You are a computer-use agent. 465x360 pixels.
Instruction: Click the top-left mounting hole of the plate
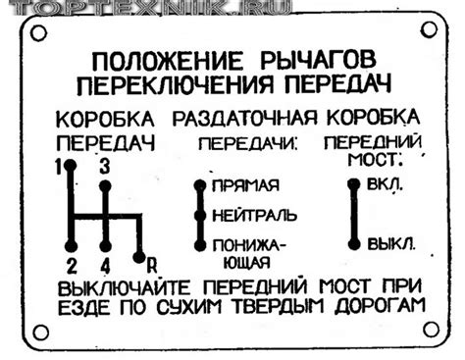[38, 33]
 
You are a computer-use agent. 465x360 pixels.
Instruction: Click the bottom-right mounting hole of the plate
[431, 330]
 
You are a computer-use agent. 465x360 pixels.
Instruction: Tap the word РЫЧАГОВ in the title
[318, 61]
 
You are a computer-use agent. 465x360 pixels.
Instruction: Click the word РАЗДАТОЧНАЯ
[244, 118]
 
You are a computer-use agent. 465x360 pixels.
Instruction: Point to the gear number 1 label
[59, 168]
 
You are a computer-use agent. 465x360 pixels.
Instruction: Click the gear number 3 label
[105, 168]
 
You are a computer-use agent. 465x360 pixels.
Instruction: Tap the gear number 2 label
[72, 266]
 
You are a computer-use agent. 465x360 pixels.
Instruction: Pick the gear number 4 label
[105, 266]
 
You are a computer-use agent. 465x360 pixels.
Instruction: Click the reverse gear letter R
[152, 266]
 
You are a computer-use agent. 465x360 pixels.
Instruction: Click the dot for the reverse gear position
[139, 257]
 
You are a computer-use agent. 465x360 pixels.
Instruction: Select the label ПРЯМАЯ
[245, 185]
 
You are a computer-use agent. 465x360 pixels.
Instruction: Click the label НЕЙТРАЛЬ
[255, 216]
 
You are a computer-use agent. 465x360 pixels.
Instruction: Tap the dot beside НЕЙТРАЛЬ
[200, 216]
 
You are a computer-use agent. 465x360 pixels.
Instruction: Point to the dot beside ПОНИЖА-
[200, 245]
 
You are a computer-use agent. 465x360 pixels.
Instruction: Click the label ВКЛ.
[385, 184]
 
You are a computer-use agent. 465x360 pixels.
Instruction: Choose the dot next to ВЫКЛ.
[354, 244]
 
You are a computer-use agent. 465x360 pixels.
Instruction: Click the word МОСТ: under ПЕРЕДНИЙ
[375, 160]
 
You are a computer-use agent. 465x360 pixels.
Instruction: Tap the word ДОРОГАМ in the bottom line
[380, 306]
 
